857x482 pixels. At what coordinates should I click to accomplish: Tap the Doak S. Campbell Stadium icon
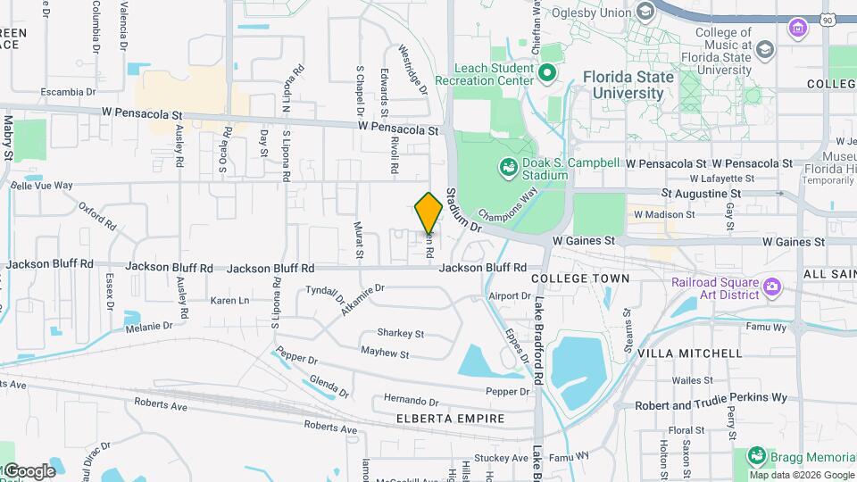click(508, 166)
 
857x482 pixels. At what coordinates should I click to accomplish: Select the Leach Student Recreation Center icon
click(547, 71)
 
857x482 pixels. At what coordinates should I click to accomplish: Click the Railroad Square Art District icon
click(772, 287)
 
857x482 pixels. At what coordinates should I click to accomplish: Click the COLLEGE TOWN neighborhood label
click(580, 278)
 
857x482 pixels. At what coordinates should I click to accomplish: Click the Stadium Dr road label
click(463, 210)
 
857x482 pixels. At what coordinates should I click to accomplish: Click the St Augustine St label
click(701, 193)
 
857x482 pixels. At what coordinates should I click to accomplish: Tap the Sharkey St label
click(400, 333)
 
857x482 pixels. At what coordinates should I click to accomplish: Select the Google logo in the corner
click(29, 470)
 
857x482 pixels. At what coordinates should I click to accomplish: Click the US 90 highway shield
click(828, 18)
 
